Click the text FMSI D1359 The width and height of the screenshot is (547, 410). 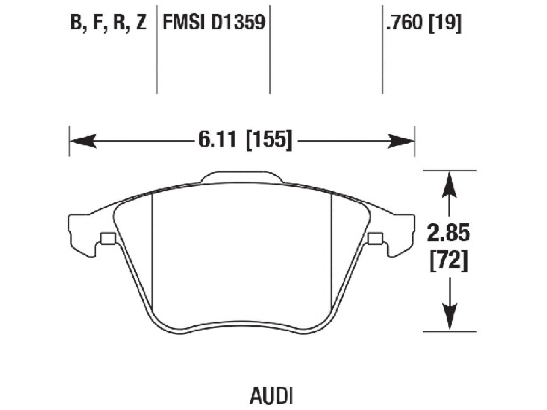(214, 23)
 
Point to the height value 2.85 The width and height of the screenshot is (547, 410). (448, 234)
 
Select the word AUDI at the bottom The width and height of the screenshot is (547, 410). (271, 396)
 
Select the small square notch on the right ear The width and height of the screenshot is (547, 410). (375, 238)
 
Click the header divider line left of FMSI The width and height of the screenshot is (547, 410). (157, 49)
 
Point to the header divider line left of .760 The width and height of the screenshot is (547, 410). (382, 49)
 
